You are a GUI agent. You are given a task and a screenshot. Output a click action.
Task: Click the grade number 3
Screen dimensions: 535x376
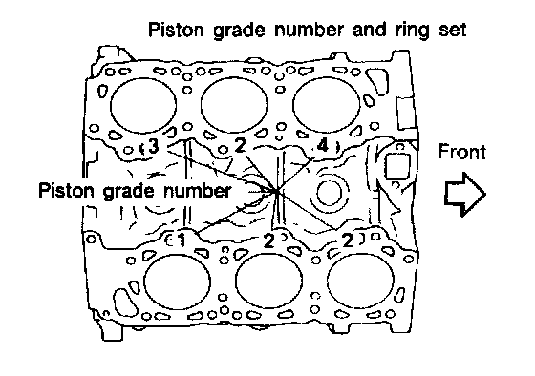pos(154,147)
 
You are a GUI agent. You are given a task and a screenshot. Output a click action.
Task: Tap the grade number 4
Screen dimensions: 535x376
pos(322,146)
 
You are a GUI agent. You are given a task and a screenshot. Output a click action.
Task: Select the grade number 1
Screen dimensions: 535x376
pos(181,240)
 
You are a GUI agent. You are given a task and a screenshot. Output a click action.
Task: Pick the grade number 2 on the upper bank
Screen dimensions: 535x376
pos(240,146)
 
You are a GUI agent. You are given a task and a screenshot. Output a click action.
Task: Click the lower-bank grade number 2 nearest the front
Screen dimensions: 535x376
pos(348,240)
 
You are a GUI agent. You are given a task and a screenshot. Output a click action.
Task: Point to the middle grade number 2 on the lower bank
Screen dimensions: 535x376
pos(268,240)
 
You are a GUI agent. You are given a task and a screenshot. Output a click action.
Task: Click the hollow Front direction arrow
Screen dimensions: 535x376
pos(464,195)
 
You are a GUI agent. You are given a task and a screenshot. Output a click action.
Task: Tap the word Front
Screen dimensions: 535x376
pos(461,152)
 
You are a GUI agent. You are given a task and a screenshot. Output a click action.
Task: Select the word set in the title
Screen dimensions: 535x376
pos(452,30)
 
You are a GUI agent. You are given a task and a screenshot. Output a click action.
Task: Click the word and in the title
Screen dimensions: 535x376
pos(370,30)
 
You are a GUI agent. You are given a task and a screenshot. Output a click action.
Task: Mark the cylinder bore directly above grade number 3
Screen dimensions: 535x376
pos(143,105)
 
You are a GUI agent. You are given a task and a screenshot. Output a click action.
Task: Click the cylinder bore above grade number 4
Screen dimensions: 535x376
pos(326,104)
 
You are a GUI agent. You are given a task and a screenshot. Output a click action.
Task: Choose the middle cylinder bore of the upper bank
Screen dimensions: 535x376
pos(234,105)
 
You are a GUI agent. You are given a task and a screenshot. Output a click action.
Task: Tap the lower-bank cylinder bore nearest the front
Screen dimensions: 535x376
pos(360,281)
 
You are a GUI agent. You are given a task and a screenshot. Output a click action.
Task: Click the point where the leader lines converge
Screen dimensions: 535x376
pos(277,192)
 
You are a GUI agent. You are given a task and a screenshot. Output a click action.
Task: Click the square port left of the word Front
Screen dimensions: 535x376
pos(396,166)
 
